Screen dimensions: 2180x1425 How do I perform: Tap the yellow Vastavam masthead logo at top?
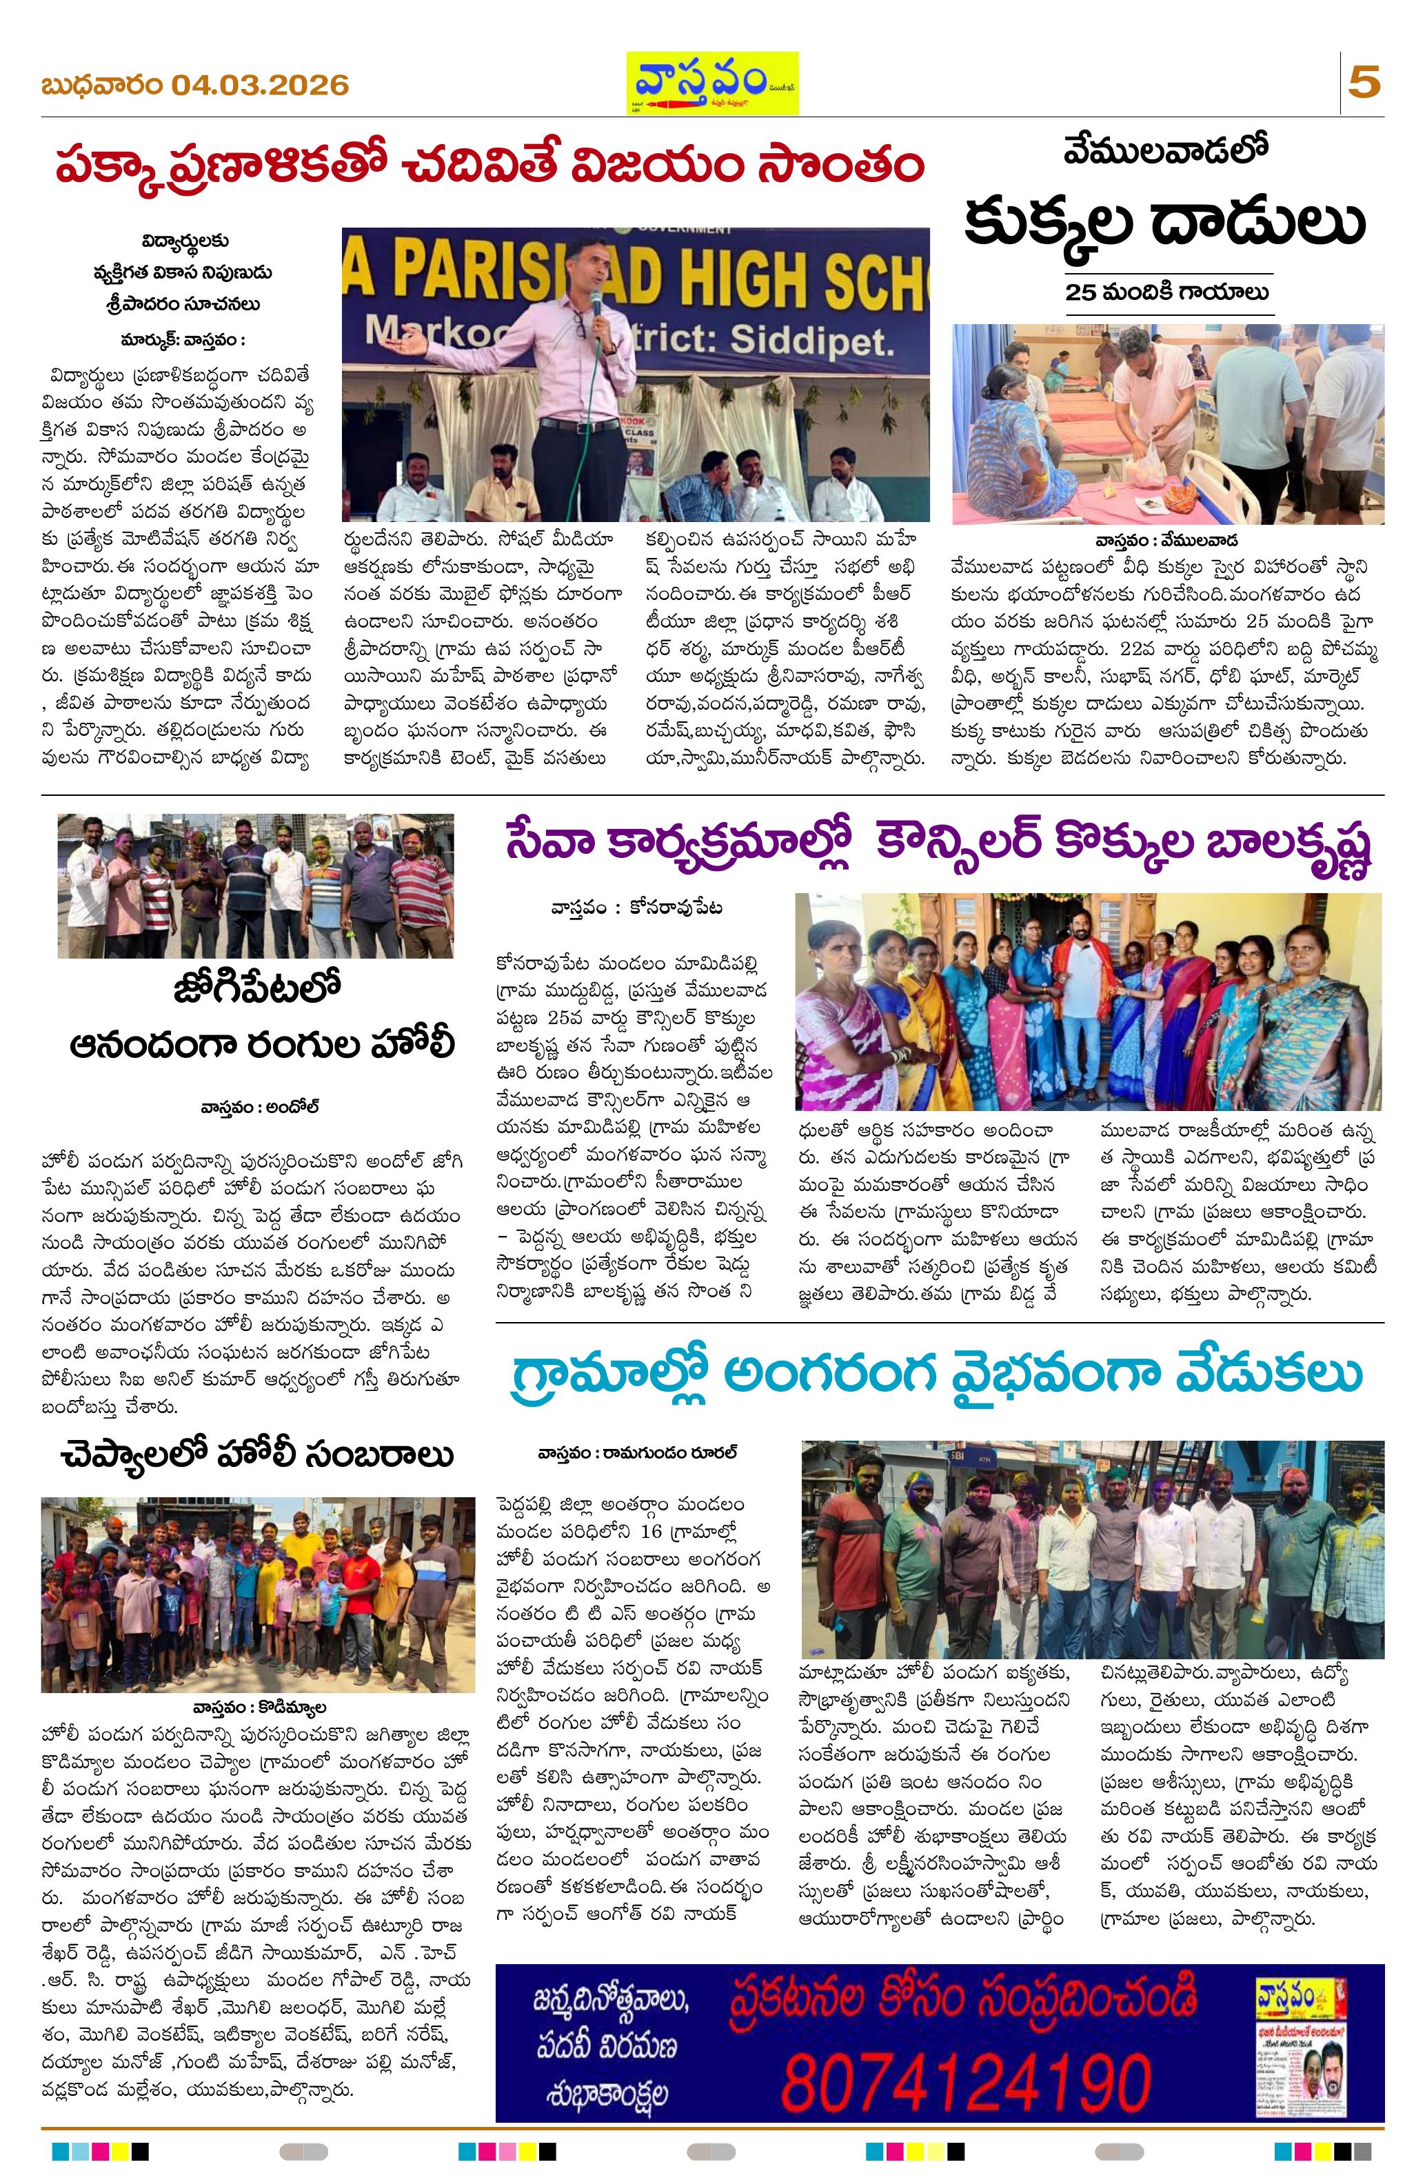pyautogui.click(x=711, y=83)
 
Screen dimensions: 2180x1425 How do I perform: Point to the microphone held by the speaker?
pyautogui.click(x=596, y=307)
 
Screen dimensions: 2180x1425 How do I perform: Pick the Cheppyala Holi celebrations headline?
pyautogui.click(x=259, y=1454)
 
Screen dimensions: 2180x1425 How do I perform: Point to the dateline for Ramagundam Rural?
pyautogui.click(x=638, y=1454)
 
